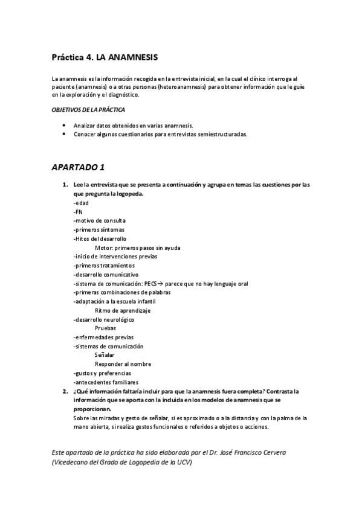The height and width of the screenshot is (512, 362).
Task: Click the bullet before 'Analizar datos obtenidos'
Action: (x=64, y=125)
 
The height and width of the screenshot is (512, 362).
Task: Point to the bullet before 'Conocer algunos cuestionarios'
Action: (x=64, y=134)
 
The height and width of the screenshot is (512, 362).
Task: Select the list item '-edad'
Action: (x=80, y=203)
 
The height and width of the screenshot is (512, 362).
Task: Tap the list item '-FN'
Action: (x=78, y=212)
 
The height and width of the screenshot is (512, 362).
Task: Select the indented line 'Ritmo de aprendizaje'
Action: (x=122, y=310)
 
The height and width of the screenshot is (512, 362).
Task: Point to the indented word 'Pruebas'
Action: (x=106, y=328)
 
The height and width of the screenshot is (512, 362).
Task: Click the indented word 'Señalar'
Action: (x=105, y=355)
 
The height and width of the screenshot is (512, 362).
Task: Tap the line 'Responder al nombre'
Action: (x=123, y=364)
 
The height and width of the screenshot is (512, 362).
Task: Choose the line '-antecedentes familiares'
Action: (x=106, y=382)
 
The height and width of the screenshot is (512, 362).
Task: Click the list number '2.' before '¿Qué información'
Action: (x=65, y=391)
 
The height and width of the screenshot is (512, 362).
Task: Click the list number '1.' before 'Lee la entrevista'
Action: (x=65, y=185)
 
